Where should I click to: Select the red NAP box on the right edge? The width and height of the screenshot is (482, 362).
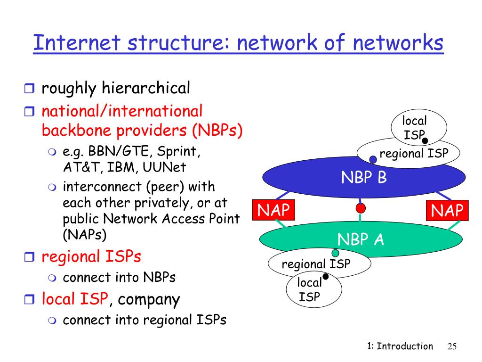click(x=447, y=210)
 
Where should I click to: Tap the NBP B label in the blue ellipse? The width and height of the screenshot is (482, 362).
click(x=363, y=178)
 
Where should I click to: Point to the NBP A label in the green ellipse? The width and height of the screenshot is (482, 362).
click(x=361, y=239)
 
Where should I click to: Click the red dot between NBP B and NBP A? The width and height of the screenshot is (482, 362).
click(x=361, y=208)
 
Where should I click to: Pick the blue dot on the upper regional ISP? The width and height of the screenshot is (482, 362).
click(x=373, y=160)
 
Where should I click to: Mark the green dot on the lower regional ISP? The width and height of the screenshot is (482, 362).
click(x=336, y=254)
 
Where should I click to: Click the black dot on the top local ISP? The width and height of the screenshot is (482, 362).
click(x=425, y=140)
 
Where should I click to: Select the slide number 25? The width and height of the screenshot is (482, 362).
click(x=452, y=346)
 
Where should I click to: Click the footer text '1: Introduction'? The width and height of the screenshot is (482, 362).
click(x=400, y=346)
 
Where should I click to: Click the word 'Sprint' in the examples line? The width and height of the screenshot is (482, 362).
click(x=179, y=152)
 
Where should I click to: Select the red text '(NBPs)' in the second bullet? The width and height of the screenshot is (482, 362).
click(x=217, y=130)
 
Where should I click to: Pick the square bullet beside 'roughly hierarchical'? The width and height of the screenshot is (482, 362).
click(x=29, y=88)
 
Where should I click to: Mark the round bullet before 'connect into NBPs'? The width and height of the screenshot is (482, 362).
click(x=52, y=278)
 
